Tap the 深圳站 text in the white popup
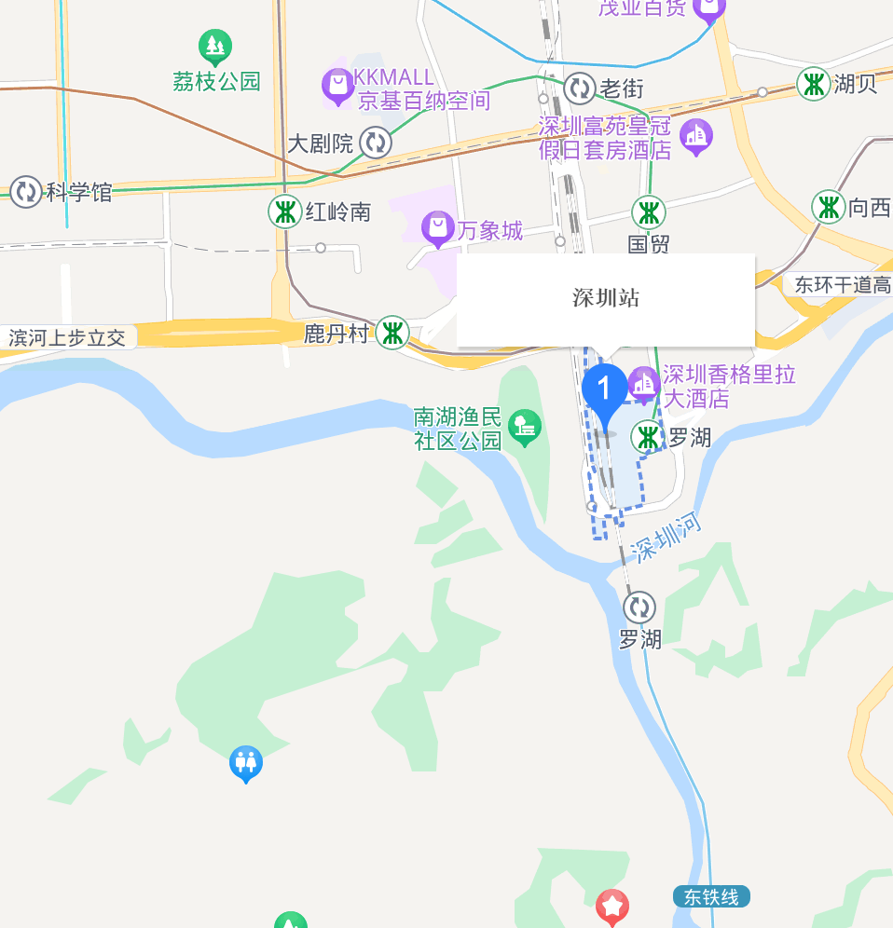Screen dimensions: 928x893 point(606,298)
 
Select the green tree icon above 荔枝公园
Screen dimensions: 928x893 point(215,45)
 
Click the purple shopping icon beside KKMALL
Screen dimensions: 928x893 point(337,86)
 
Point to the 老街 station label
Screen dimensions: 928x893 point(622,89)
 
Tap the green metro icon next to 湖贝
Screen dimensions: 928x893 point(814,84)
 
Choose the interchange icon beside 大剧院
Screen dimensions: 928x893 point(376,143)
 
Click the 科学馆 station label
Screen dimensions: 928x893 point(79,193)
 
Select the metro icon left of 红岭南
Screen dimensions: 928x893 point(284,212)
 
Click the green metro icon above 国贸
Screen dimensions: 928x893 point(649,212)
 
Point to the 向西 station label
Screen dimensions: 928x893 point(870,208)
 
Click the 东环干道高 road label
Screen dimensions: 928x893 point(843,285)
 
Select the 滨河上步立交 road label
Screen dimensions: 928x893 point(67,337)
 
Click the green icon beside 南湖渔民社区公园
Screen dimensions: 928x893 point(525,428)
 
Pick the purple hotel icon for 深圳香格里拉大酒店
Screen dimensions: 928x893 point(643,383)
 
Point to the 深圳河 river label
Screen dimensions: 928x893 point(666,538)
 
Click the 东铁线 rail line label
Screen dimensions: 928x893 point(711,897)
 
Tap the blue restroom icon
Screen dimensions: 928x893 point(246,763)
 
